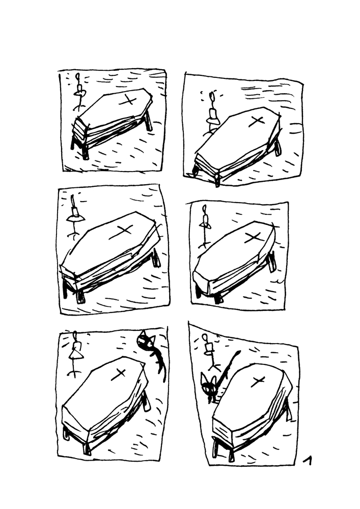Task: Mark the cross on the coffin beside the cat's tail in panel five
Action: tap(121, 373)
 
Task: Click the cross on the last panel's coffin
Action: tap(259, 381)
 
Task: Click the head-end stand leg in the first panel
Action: tap(148, 122)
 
